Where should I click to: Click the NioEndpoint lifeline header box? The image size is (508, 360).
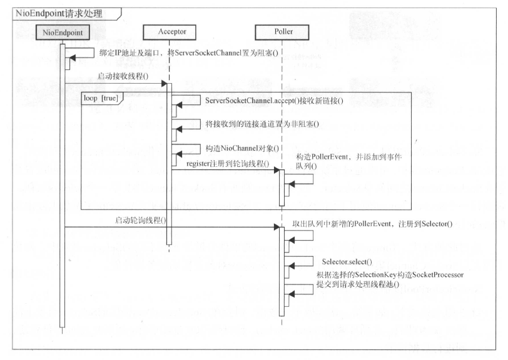pyautogui.click(x=63, y=31)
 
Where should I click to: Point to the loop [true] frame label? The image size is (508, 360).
pyautogui.click(x=99, y=99)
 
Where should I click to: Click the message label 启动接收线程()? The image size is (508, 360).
pyautogui.click(x=121, y=76)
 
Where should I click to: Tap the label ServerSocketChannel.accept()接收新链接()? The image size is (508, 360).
pyautogui.click(x=265, y=101)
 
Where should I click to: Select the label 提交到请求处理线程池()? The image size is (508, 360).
pyautogui.click(x=358, y=284)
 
